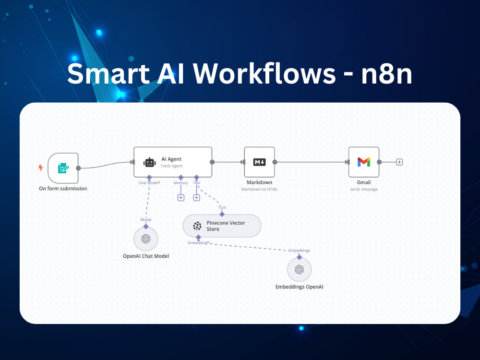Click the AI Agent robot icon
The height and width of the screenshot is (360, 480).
click(149, 162)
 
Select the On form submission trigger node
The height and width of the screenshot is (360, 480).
click(63, 168)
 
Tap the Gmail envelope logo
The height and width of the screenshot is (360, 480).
click(364, 162)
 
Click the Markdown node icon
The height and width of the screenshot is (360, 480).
click(259, 162)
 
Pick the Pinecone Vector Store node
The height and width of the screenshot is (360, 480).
click(222, 226)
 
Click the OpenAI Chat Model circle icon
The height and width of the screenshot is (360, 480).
click(146, 239)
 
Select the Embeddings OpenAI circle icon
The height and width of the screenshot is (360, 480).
click(300, 269)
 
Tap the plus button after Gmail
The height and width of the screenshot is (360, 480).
click(399, 162)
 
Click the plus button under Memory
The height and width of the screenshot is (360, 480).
click(181, 198)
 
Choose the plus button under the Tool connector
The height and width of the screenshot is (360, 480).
click(196, 198)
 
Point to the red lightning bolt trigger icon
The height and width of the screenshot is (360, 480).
click(40, 168)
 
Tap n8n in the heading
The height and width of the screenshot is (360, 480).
click(386, 73)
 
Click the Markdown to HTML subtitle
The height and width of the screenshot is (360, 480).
click(259, 189)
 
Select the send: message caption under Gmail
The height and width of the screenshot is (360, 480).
click(364, 189)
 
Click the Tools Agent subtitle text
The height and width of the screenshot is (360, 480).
click(171, 166)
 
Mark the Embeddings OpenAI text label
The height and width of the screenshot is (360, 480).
click(300, 287)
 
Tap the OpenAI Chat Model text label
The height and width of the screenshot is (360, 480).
click(146, 256)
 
